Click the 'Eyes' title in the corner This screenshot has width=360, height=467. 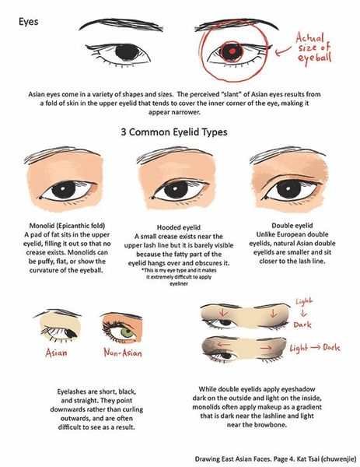pos(28,22)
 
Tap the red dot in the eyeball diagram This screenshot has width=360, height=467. pos(232,51)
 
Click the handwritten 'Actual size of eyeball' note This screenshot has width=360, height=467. pos(313,47)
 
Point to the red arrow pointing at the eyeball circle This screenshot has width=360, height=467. pos(283,51)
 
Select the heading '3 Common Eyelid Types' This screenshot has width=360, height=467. pos(174,132)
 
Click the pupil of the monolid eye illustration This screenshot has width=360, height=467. pos(64,190)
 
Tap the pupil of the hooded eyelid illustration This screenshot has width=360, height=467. pos(176,190)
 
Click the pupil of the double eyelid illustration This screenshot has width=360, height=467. pos(288,189)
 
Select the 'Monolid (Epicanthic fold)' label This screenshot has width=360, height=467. pos(67,226)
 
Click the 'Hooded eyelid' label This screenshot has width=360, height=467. pos(179,227)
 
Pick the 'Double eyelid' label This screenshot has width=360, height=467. pos(292,226)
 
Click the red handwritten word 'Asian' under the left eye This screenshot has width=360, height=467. pos(56,353)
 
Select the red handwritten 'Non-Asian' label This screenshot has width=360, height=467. pos(123,353)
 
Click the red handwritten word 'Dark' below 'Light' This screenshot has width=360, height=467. pos(302,325)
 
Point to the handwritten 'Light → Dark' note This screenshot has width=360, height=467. pos(315,348)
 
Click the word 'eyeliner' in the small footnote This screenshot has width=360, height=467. pos(179,284)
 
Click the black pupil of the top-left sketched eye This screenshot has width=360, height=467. pos(127,52)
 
